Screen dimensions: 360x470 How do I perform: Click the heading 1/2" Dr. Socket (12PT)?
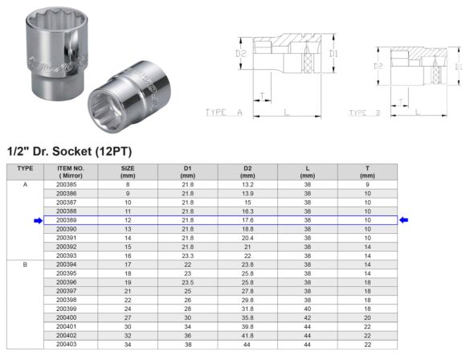coord(68,150)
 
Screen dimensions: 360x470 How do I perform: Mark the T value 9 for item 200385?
coord(367,185)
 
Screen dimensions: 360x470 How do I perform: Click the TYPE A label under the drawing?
coord(223,113)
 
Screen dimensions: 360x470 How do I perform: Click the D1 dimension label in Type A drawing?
coord(332,54)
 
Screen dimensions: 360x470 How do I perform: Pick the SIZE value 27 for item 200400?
coord(127,317)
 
